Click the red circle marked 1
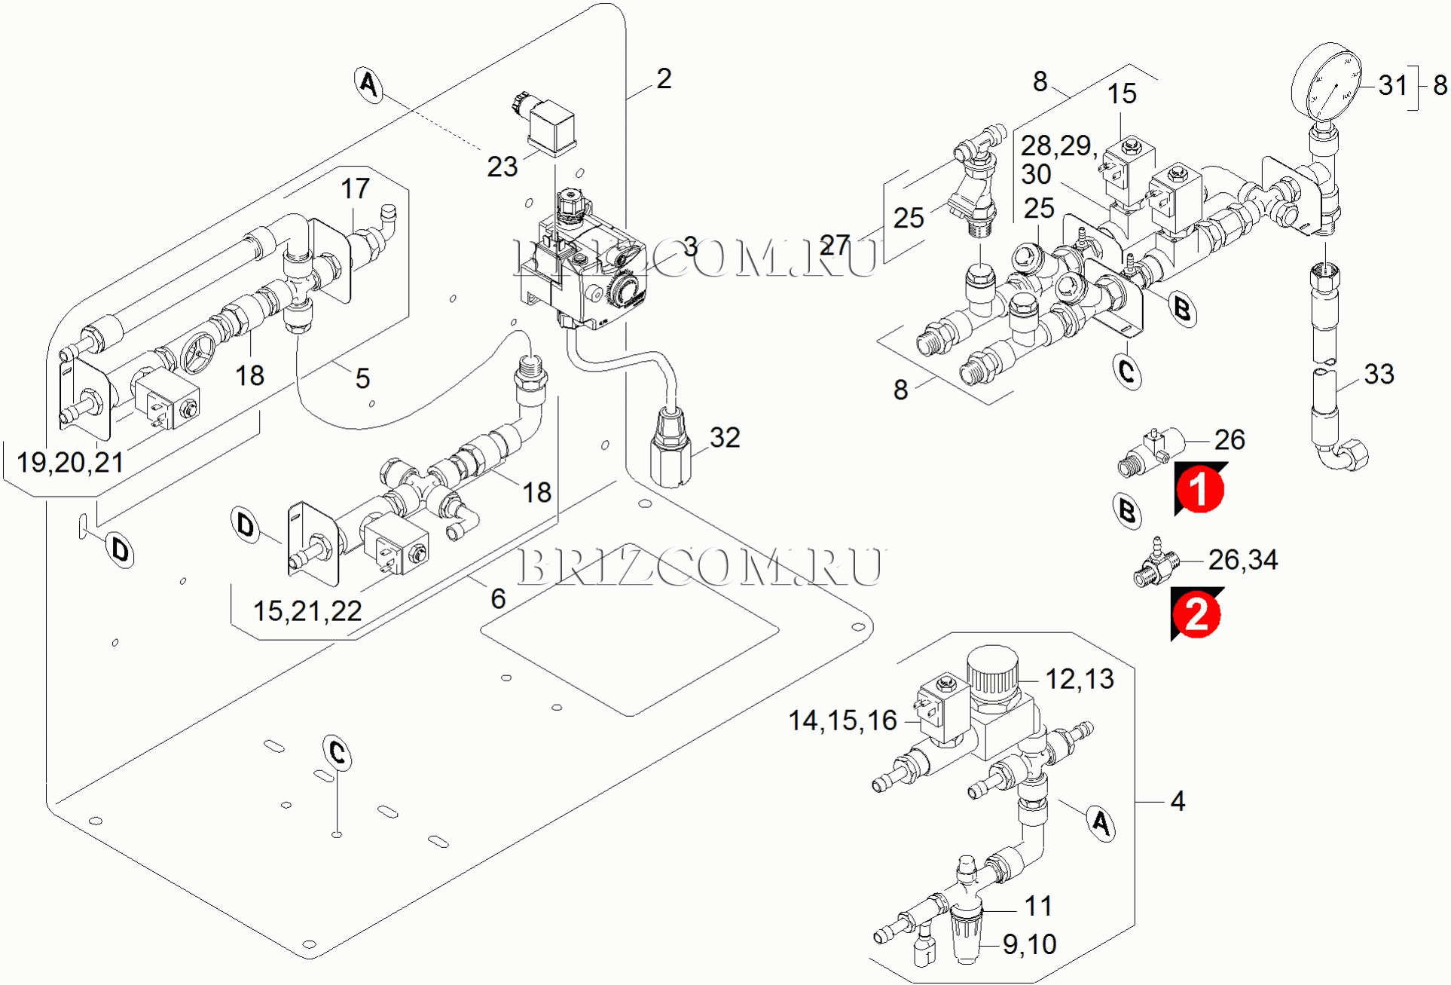[x=1200, y=488]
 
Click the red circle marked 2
[x=1196, y=614]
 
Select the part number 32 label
[x=725, y=437]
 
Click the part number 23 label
[x=502, y=167]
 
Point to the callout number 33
[x=1379, y=374]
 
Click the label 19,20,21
[x=70, y=462]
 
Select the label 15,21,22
[x=307, y=610]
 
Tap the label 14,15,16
[x=842, y=720]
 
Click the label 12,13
[x=1080, y=679]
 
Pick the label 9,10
[x=1029, y=944]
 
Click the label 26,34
[x=1243, y=560]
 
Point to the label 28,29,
[x=1058, y=145]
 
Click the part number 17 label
[x=356, y=188]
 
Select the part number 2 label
[x=664, y=78]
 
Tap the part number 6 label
[x=498, y=598]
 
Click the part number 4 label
[x=1178, y=800]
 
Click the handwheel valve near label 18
[x=198, y=353]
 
